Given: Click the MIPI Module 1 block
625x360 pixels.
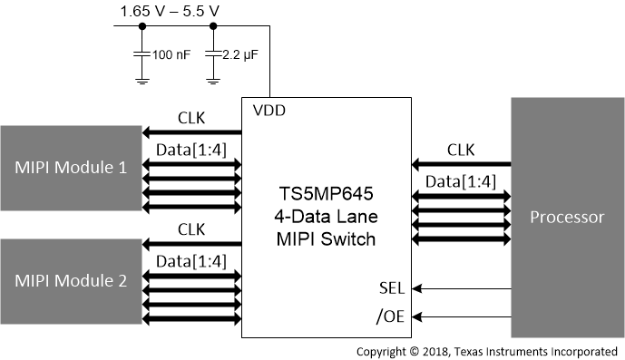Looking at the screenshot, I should [71, 168].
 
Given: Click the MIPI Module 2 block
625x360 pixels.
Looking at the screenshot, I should [71, 280].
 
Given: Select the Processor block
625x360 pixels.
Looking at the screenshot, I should [566, 218].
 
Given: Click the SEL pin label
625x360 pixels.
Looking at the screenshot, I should [391, 287].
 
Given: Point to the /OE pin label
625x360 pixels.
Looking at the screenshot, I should [390, 316].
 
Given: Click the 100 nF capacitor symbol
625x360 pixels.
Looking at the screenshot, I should [142, 55].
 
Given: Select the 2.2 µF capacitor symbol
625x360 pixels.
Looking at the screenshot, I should [212, 55].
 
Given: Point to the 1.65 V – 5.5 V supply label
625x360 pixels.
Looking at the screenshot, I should [171, 12].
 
